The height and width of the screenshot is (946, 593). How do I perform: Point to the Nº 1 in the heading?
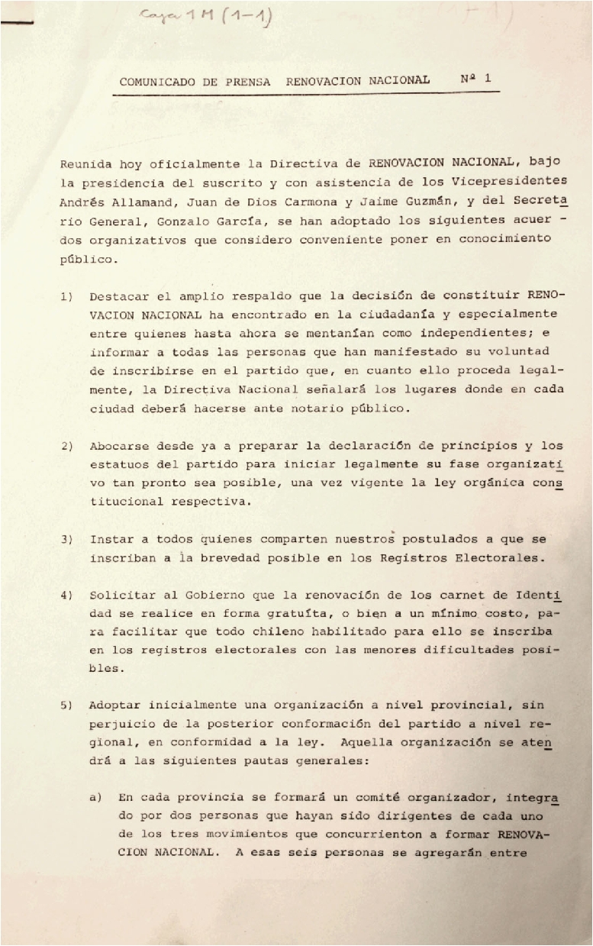pyautogui.click(x=476, y=78)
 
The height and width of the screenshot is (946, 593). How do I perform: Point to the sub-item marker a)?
pyautogui.click(x=96, y=797)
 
